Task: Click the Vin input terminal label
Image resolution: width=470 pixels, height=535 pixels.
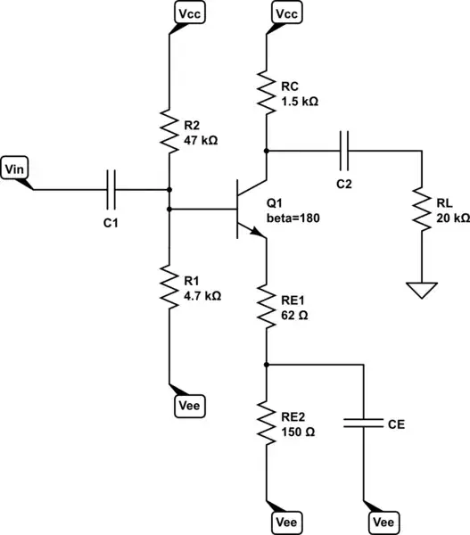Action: click(x=15, y=167)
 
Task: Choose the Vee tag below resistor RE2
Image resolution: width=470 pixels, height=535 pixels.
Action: click(x=285, y=521)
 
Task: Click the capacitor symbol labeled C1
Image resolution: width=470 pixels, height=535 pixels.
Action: click(x=111, y=189)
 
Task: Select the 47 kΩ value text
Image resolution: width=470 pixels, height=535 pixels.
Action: click(x=201, y=141)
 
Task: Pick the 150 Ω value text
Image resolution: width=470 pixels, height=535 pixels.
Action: click(x=297, y=431)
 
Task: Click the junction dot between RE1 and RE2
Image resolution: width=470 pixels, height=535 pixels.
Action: click(x=267, y=364)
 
